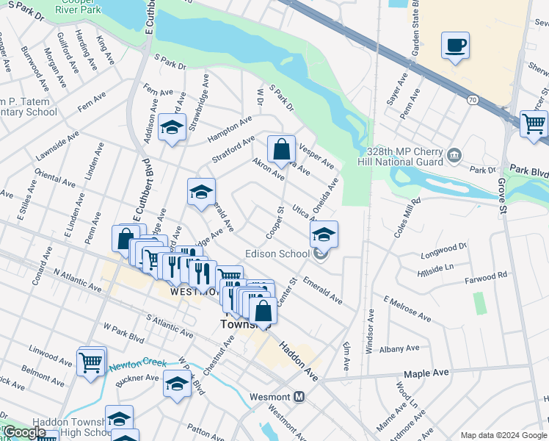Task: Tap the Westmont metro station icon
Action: pyautogui.click(x=299, y=397)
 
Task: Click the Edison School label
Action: pyautogui.click(x=280, y=254)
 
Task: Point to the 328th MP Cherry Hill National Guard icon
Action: pyautogui.click(x=454, y=154)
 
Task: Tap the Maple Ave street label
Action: pyautogui.click(x=426, y=373)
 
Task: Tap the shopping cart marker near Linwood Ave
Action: pyautogui.click(x=91, y=361)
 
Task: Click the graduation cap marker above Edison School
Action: pyautogui.click(x=323, y=234)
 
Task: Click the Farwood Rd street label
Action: pyautogui.click(x=486, y=276)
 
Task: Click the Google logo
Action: pyautogui.click(x=25, y=432)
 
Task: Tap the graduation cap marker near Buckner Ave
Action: pyautogui.click(x=177, y=384)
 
